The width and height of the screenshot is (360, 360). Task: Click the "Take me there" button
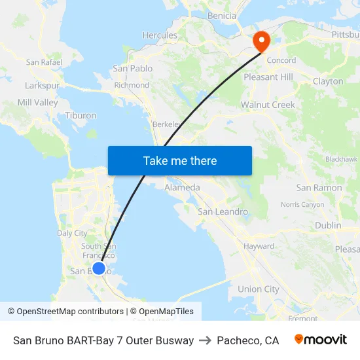(x=180, y=160)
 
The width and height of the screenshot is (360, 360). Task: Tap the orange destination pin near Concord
(x=261, y=42)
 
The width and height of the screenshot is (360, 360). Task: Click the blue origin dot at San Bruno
(x=99, y=268)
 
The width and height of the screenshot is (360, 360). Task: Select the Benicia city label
(x=221, y=16)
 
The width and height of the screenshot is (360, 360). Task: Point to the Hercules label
(x=160, y=35)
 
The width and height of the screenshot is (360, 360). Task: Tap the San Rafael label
(x=44, y=62)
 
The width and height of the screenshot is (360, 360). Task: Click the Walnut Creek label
(x=268, y=105)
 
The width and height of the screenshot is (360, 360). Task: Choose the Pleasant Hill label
(x=268, y=77)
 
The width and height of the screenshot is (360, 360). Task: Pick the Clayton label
(x=328, y=82)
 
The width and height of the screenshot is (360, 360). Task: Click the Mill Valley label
(x=38, y=103)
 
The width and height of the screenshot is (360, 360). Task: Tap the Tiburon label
(x=81, y=116)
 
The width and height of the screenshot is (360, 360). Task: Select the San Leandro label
(x=223, y=211)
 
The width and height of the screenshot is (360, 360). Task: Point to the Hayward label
(x=259, y=246)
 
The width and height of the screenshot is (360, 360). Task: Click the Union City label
(x=258, y=289)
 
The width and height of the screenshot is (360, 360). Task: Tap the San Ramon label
(x=319, y=188)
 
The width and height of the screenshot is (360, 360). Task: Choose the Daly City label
(x=72, y=233)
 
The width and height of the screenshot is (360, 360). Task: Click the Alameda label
(x=182, y=187)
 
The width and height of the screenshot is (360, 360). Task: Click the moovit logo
(x=320, y=340)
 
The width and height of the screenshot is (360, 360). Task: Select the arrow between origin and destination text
(x=205, y=340)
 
